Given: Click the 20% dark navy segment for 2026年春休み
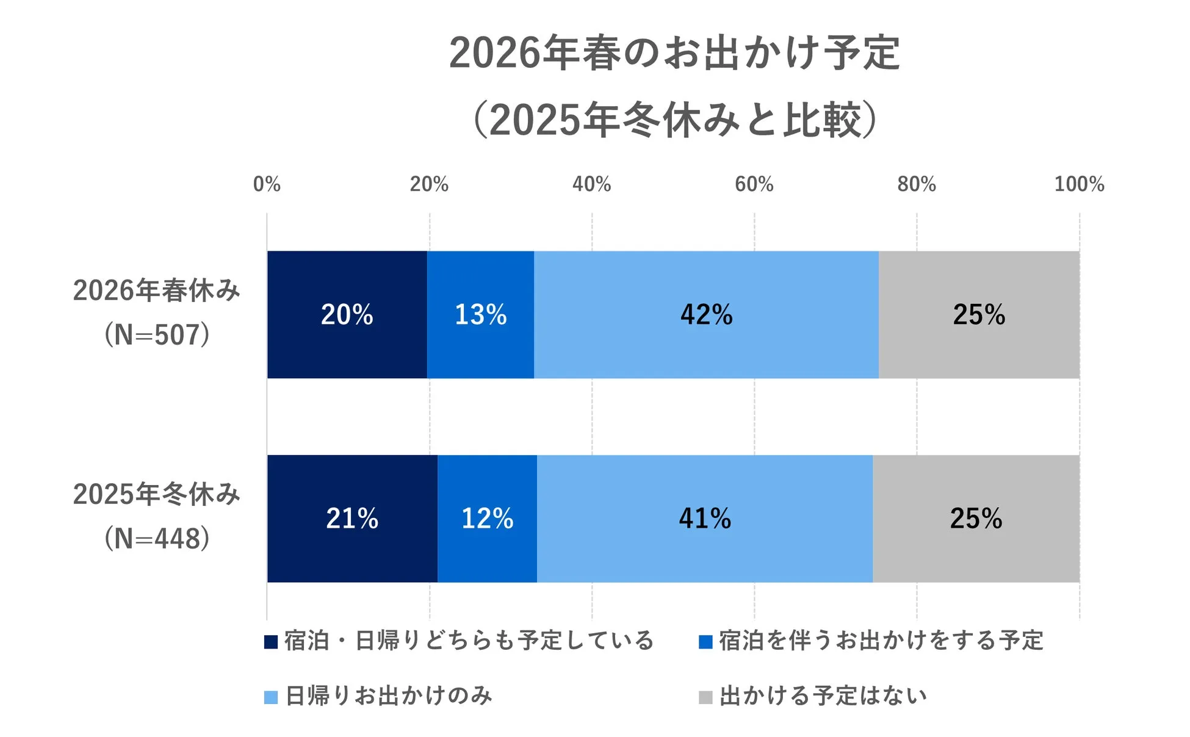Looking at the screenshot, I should (347, 315).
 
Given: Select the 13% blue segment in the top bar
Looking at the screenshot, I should (480, 315).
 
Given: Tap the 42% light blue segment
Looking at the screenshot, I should (706, 315).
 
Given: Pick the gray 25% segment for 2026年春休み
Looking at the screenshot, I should (979, 315).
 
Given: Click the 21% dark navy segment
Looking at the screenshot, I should (352, 519).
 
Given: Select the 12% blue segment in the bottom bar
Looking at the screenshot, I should (487, 519).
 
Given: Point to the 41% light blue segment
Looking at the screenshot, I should (704, 519).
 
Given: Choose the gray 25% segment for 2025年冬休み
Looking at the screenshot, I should (976, 519).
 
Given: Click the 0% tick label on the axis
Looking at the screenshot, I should (267, 184).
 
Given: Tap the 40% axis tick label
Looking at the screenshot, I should (591, 184).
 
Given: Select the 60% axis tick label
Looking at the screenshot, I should (754, 184).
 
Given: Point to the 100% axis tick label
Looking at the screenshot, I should (1079, 184).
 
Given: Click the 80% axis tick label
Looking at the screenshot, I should (916, 184).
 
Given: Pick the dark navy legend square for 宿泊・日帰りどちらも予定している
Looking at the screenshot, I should (271, 642).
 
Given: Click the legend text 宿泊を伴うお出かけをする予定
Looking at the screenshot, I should (881, 641).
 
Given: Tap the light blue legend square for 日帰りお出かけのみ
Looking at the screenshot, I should (271, 697).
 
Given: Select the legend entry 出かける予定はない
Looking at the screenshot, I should (823, 696).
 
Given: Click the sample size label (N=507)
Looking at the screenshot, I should (157, 335).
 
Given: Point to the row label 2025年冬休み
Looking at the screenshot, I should (157, 494).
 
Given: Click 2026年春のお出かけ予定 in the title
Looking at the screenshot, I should (674, 53).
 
